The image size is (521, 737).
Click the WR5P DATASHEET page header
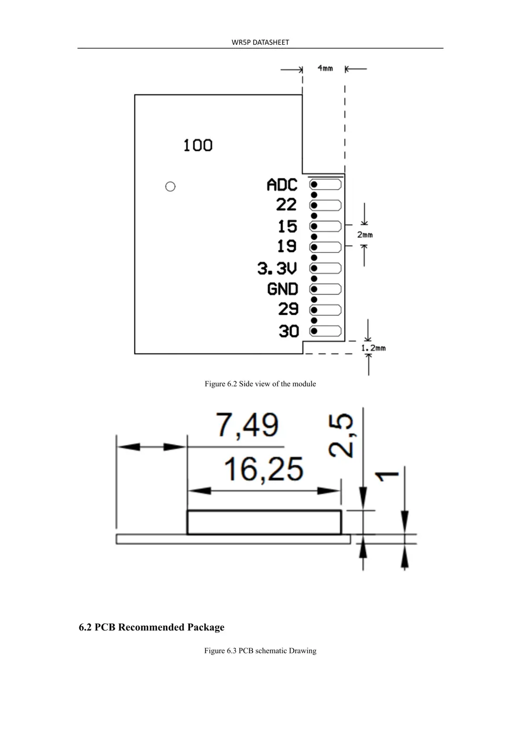[260, 42]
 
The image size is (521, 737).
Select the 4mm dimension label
[325, 68]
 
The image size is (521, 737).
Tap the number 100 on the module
[198, 145]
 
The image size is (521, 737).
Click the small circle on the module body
[170, 186]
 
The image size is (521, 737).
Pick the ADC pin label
[282, 185]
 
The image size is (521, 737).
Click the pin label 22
[287, 205]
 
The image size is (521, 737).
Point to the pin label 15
[287, 226]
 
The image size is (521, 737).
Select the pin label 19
[287, 246]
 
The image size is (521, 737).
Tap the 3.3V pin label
[277, 268]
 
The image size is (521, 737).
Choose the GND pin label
[283, 289]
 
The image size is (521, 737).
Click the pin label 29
[288, 309]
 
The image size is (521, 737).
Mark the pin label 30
[289, 331]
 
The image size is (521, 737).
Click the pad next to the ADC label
[326, 185]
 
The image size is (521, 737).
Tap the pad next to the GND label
[326, 289]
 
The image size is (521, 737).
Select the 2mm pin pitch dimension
[365, 235]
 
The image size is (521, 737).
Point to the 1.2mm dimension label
[373, 348]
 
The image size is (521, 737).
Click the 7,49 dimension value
[247, 425]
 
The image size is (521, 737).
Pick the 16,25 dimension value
[264, 469]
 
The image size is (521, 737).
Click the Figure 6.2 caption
[260, 384]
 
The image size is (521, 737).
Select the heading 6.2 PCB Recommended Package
[152, 627]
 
